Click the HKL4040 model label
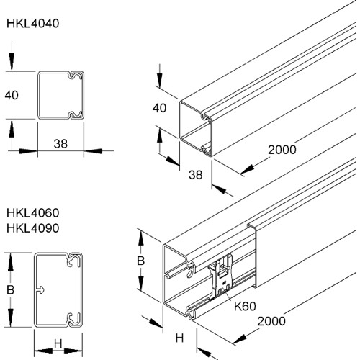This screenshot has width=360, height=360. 32,23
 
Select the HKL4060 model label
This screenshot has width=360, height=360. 32,214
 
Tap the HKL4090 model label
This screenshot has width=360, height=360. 32,228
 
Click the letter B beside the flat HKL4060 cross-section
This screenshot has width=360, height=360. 10,289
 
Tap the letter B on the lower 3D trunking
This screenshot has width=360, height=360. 142,261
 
